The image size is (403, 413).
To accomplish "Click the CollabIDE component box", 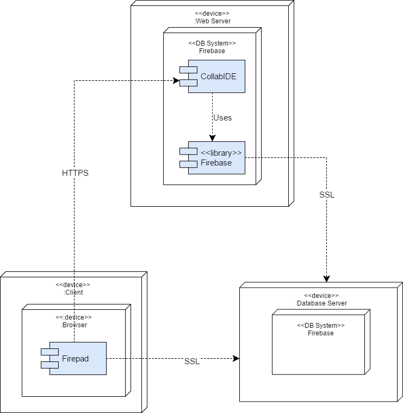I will [x=216, y=76].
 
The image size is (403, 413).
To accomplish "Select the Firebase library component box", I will [x=216, y=158].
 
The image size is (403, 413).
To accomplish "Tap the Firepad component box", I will [x=78, y=358].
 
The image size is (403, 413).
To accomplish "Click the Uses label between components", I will [x=222, y=117].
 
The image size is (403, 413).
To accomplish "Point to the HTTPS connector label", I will [x=75, y=174].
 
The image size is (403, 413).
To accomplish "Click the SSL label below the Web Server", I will [x=327, y=195].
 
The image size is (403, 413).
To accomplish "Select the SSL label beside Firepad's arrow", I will [x=192, y=362].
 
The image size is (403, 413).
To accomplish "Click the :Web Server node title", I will [x=212, y=21].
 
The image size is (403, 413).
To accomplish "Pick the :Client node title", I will [x=73, y=292].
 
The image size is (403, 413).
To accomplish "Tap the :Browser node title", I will [x=73, y=325].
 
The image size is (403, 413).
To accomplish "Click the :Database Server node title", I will [x=321, y=303].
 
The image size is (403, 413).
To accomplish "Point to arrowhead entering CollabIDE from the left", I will [x=176, y=81].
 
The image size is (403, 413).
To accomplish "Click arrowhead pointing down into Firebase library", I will [x=212, y=138].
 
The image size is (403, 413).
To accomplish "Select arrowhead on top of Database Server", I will [x=326, y=278].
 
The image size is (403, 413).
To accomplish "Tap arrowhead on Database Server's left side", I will [x=236, y=358].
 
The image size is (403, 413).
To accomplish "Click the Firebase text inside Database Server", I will [x=320, y=333].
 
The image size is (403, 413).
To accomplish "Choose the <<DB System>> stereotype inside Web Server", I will [x=212, y=43].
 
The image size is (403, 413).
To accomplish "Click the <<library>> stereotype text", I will [x=221, y=153].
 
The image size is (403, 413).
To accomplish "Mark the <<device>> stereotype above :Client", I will [x=73, y=284].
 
